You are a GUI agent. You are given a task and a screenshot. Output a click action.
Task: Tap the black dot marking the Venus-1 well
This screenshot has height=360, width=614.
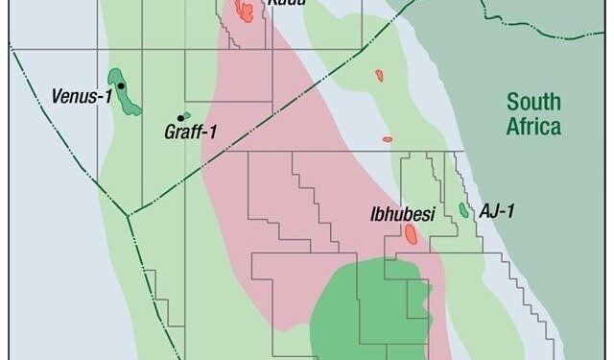121,86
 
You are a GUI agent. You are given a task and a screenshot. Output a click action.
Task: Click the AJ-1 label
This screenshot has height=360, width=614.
497,211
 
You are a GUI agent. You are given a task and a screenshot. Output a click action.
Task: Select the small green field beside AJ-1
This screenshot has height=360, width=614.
463,209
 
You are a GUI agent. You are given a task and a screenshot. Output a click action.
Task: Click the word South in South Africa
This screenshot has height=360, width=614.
532,102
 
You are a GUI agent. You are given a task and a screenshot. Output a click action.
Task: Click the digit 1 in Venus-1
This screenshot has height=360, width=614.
111,96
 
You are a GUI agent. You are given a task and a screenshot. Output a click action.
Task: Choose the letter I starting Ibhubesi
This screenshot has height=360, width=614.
372,215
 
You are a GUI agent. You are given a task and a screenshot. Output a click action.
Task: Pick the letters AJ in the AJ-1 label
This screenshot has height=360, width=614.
487,211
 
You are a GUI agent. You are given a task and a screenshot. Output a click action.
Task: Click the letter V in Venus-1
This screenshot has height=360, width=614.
57,96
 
